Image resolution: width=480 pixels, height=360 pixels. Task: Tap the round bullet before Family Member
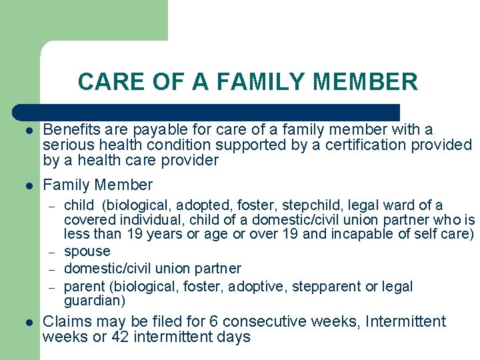tap(28, 186)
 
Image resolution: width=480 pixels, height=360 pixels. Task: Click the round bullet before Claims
tap(28, 322)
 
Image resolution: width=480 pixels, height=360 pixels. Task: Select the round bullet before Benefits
tap(28, 130)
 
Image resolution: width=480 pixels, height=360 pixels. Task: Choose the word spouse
tap(87, 251)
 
